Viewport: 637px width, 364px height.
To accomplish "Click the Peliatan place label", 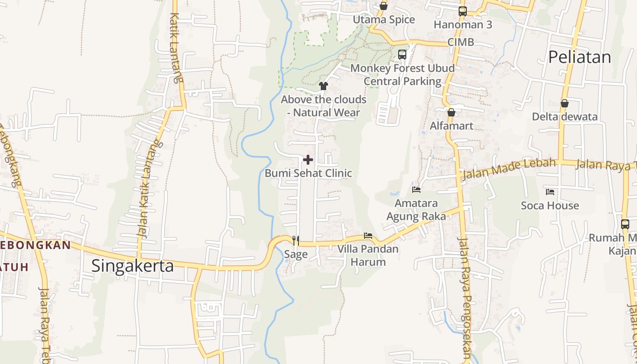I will [579, 57].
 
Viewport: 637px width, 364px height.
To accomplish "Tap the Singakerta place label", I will [132, 266].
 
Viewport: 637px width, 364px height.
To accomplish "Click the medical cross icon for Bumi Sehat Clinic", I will [308, 160].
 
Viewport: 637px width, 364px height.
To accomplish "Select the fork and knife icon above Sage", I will [296, 240].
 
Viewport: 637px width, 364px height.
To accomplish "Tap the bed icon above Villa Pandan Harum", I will [368, 236].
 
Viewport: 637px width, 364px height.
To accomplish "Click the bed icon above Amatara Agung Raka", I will [416, 189].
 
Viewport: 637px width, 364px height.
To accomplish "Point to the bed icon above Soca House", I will [550, 192].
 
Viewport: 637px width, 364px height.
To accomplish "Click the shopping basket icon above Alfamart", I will [451, 112].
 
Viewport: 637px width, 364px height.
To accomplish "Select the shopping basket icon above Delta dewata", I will [565, 103].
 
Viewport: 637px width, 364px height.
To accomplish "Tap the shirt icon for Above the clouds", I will [324, 86].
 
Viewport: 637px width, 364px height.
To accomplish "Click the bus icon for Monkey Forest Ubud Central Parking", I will [402, 55].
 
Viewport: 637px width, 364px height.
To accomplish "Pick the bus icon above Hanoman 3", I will [463, 11].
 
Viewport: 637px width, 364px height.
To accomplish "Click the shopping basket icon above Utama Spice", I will [384, 6].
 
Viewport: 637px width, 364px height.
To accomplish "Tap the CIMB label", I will [460, 42].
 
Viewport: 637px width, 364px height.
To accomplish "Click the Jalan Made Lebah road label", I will [509, 169].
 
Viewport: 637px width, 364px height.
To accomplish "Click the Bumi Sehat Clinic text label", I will [308, 173].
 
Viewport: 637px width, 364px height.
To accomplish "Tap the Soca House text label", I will [550, 206].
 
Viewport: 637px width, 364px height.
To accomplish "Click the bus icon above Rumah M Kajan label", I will [625, 224].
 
